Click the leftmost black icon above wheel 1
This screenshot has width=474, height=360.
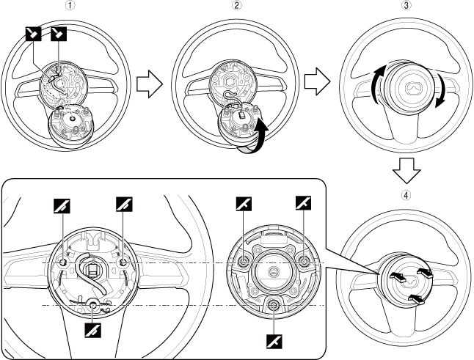[x=32, y=32]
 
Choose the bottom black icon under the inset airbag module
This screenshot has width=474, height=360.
[x=273, y=339]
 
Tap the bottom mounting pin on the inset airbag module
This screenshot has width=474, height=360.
[x=273, y=305]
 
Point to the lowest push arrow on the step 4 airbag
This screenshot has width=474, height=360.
[x=415, y=298]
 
